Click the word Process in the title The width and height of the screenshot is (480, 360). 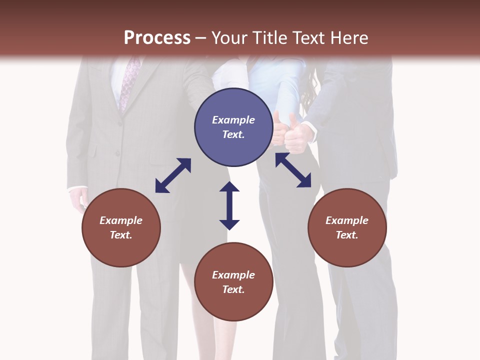(x=157, y=38)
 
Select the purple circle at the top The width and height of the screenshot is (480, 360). (x=233, y=127)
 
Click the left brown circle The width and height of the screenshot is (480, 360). (x=121, y=227)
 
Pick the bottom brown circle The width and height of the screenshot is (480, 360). (x=233, y=282)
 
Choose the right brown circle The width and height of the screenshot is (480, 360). (x=347, y=227)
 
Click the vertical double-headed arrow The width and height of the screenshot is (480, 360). (x=229, y=205)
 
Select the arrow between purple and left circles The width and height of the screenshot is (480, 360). (x=173, y=175)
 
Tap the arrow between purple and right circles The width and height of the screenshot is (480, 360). (x=293, y=170)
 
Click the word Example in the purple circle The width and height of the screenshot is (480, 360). (x=233, y=120)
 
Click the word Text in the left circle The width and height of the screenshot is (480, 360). (x=120, y=235)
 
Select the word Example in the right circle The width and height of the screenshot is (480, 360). (x=347, y=220)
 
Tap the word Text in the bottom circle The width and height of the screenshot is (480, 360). (x=233, y=289)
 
